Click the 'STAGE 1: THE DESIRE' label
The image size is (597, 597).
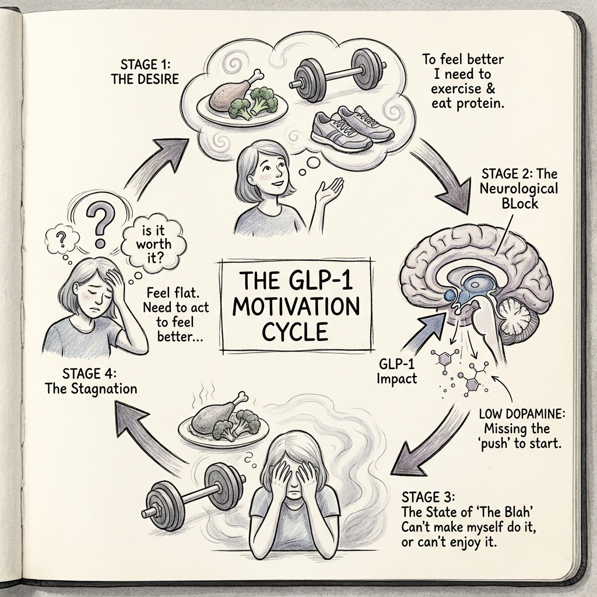pos(145,71)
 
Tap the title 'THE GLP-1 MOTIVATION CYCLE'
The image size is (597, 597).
pos(296,306)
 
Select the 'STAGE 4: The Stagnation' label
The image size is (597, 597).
pos(91,381)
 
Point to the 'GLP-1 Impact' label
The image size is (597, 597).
pos(396,371)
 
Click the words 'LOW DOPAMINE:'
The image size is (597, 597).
pos(522,414)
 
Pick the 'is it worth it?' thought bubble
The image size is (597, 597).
pos(153,244)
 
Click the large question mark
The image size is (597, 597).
pos(100,224)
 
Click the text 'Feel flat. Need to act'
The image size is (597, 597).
pos(176,300)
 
